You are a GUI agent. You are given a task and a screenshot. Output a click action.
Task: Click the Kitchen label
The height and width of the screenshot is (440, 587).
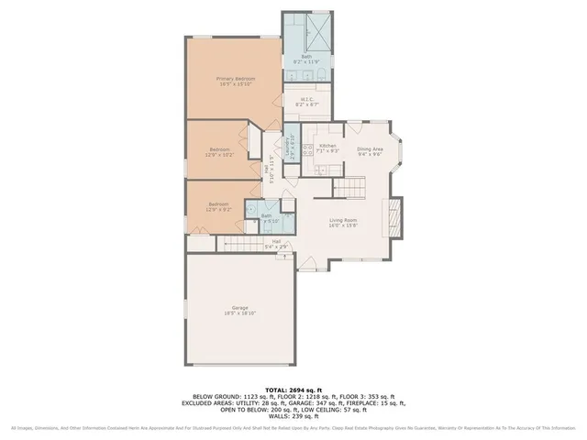click(x=327, y=147)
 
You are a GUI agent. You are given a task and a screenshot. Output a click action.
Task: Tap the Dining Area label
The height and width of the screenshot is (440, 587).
click(x=370, y=151)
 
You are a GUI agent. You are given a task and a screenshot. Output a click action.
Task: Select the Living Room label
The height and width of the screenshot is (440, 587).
click(x=344, y=222)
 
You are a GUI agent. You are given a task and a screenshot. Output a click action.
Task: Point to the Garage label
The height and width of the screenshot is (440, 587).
click(x=239, y=310)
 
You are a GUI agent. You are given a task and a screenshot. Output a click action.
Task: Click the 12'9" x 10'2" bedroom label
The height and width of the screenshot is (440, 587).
click(x=218, y=152)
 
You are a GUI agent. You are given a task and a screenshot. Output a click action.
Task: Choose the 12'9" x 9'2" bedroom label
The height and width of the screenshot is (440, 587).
click(x=218, y=207)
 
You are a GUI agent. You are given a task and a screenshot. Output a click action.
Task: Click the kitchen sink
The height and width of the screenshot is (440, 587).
click(x=322, y=170)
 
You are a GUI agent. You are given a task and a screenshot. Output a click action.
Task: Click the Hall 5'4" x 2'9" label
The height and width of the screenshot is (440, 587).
click(x=275, y=245)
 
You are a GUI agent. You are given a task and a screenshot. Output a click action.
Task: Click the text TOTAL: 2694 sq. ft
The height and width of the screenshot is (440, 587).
click(x=293, y=389)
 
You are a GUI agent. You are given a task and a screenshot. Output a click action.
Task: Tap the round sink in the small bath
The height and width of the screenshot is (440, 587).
click(x=287, y=203)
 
